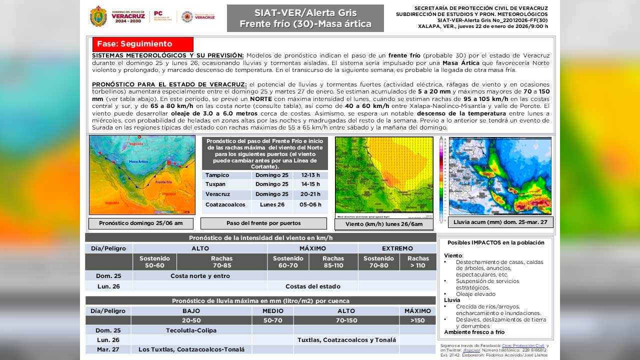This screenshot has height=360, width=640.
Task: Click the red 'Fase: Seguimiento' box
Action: pos(142,44)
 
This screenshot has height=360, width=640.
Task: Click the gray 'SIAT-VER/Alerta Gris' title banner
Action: pos(305,18)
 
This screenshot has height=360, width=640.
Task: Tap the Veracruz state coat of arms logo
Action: pos(98,16)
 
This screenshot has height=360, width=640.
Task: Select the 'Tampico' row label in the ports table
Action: pos(217,175)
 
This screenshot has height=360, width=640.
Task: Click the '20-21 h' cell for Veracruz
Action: pos(310,194)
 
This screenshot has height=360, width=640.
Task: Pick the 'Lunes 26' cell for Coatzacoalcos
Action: pos(272,204)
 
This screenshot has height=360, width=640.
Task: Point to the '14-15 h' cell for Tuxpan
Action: pos(310,184)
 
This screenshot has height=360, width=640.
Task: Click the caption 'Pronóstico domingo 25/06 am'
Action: pos(140,223)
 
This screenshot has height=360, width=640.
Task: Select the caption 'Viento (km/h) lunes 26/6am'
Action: pos(383,224)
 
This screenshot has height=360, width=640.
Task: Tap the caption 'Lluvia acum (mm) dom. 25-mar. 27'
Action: pos(500,222)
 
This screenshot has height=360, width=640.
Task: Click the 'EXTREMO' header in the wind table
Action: pos(397,248)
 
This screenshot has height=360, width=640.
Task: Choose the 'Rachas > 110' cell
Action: pos(418,262)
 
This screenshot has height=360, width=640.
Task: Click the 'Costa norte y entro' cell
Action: pos(200,276)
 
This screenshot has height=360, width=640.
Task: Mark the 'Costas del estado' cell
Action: pos(312,286)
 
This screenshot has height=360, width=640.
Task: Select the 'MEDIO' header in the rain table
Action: pos(272,311)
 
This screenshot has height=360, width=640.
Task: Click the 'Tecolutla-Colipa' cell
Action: pos(191,330)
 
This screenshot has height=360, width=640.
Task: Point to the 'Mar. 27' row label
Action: pos(108,349)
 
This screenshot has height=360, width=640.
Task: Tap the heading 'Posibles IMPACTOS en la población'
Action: pos(495,242)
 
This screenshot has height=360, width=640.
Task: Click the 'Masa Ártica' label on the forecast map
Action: pos(138,162)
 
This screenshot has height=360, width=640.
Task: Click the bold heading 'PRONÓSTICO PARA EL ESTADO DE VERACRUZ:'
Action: pos(169,84)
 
